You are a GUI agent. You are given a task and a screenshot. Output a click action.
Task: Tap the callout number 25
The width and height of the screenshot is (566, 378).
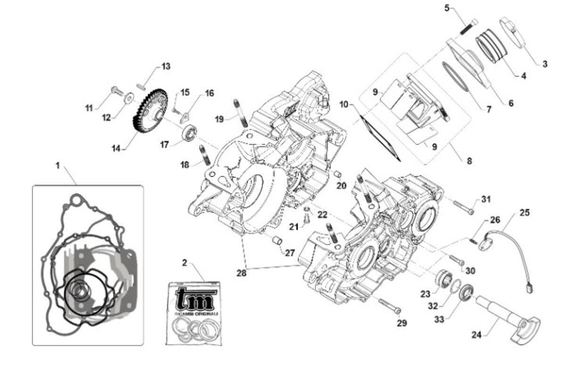524,212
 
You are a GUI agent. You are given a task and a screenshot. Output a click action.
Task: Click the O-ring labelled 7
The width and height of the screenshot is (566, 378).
456,76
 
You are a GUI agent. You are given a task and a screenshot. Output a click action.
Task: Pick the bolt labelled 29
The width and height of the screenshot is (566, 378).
390,306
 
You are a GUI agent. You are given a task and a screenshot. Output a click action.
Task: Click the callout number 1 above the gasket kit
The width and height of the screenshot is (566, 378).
58,166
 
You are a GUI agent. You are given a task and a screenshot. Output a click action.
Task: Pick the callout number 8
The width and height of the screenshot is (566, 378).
469,161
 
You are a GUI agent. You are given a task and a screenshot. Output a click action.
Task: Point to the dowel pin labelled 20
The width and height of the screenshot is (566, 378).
338,175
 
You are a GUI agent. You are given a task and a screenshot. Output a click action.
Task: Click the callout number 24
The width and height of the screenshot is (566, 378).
476,336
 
